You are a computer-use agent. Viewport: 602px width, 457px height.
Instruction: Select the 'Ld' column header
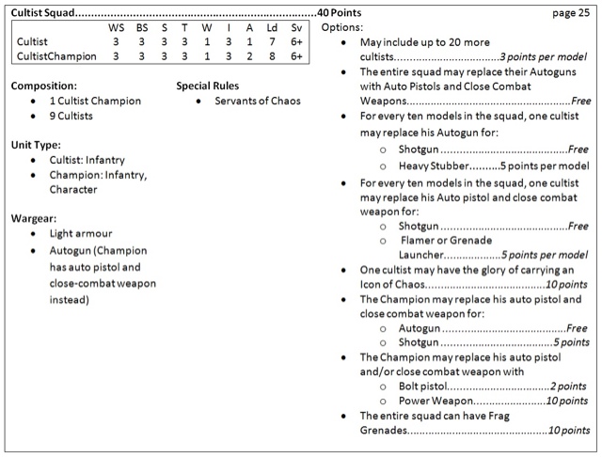tap(271, 28)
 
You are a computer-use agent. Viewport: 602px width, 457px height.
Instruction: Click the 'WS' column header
tap(117, 28)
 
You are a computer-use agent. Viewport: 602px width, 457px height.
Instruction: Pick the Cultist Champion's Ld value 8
tap(271, 56)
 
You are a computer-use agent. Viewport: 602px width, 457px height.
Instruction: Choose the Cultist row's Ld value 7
tap(271, 42)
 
